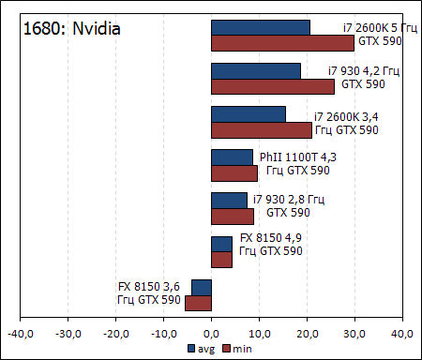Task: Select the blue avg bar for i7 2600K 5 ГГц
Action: [261, 27]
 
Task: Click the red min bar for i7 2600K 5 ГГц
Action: [282, 43]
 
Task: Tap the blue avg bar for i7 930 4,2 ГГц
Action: [256, 71]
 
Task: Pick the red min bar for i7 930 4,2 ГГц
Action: [272, 87]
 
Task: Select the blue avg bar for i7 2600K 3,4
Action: [249, 114]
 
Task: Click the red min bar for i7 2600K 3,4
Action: [262, 130]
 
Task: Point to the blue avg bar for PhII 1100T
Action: [232, 157]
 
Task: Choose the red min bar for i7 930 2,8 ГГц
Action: [233, 217]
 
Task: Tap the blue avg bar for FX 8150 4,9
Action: [221, 244]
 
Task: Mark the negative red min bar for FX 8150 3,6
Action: [198, 303]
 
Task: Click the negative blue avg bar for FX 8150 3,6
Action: [202, 287]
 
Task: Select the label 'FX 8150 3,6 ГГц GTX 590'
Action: [149, 293]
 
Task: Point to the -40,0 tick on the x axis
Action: [21, 332]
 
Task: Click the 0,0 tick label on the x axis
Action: [212, 332]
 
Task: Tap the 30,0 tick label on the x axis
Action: [354, 332]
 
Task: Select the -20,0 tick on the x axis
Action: [115, 332]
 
